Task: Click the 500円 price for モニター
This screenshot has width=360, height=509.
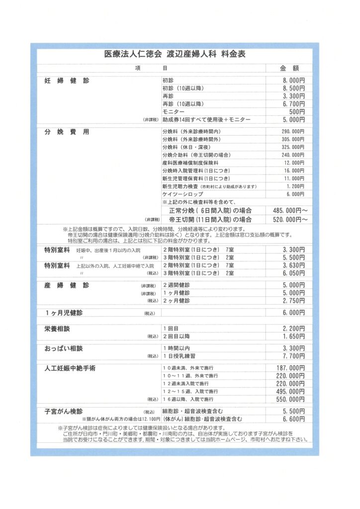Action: click(x=297, y=112)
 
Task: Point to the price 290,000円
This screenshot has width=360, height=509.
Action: click(x=293, y=131)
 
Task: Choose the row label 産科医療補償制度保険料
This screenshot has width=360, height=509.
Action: click(x=190, y=163)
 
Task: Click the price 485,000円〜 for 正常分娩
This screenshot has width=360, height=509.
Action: click(x=290, y=210)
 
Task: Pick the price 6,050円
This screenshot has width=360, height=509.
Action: click(x=293, y=273)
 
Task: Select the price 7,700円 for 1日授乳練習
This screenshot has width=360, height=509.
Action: click(x=293, y=356)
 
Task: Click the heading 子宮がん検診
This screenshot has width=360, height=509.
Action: click(x=64, y=412)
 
